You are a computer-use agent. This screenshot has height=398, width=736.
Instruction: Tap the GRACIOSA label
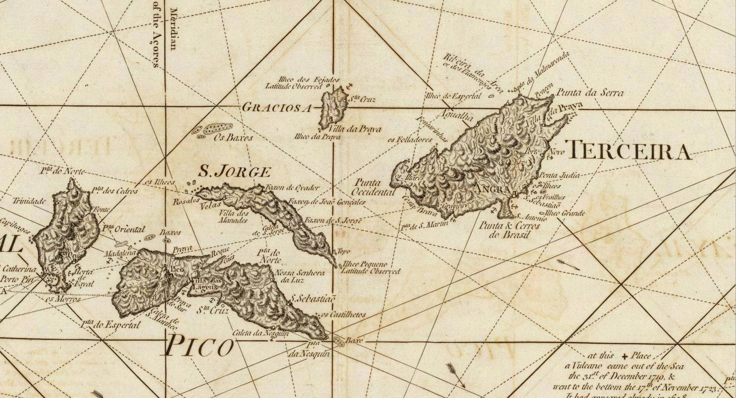[276, 107]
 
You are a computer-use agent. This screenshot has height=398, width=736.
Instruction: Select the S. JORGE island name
[234, 171]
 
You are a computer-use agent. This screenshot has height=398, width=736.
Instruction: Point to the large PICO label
[199, 347]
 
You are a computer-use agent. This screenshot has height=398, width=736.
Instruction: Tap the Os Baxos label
[233, 138]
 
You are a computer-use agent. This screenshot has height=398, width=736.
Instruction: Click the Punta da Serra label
[589, 93]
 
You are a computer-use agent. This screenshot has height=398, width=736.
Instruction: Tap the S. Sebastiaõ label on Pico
[313, 298]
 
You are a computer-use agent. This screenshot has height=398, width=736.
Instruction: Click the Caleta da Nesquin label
[253, 333]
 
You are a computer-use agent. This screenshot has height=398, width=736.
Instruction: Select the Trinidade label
[29, 201]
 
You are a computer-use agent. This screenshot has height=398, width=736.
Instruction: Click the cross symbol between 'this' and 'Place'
[624, 356]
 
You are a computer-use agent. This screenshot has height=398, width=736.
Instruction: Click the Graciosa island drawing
[333, 107]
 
